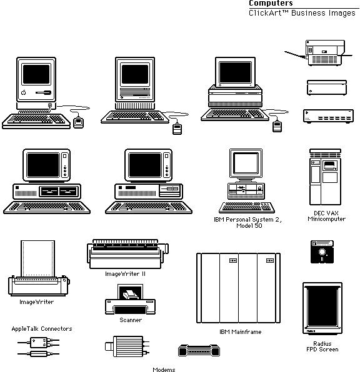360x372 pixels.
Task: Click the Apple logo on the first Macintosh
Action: pos(24,92)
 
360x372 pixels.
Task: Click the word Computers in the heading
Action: pos(271,3)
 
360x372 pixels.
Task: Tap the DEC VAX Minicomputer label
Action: pos(326,216)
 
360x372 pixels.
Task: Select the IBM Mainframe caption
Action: pos(240,331)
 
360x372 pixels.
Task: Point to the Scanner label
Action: pos(131,320)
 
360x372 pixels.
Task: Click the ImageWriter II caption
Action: pos(125,274)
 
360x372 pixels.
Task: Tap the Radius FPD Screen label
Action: pos(322,346)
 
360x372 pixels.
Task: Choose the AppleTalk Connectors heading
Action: pos(42,329)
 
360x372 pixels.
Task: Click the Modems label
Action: pos(164,369)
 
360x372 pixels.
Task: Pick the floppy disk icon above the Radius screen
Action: pos(322,252)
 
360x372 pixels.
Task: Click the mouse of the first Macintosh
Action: pos(78,123)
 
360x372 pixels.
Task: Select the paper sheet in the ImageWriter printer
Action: pos(37,258)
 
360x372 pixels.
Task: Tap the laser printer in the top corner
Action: pos(325,53)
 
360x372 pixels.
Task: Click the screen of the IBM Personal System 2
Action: pos(246,164)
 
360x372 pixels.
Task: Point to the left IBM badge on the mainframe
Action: pos(233,260)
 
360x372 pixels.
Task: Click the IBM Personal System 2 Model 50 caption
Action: pos(248,223)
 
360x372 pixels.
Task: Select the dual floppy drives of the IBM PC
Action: pos(59,191)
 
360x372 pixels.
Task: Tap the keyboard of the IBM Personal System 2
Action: pos(247,207)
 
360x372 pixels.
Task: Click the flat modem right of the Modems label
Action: pos(199,350)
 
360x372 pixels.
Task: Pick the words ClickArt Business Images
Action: pos(302,13)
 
